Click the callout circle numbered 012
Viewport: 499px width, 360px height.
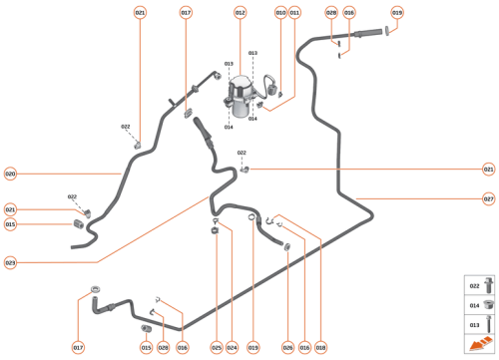click(x=240, y=12)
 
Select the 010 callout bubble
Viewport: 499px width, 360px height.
click(x=280, y=12)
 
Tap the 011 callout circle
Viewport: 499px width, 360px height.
click(x=295, y=12)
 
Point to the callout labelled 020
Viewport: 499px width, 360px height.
click(x=10, y=174)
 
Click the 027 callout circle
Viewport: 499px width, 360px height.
click(x=488, y=198)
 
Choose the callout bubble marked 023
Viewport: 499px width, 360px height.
click(x=10, y=263)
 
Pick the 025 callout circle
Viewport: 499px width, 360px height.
click(x=217, y=347)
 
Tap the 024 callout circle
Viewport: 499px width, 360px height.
click(x=232, y=347)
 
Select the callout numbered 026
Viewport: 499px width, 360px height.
click(x=287, y=347)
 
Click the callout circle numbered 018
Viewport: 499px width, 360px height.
click(x=321, y=347)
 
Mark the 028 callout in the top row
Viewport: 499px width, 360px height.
click(x=332, y=12)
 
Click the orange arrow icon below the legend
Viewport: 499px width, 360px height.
click(x=482, y=344)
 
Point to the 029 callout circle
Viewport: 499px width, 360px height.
click(x=163, y=347)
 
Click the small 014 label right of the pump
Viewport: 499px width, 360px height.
click(x=253, y=119)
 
